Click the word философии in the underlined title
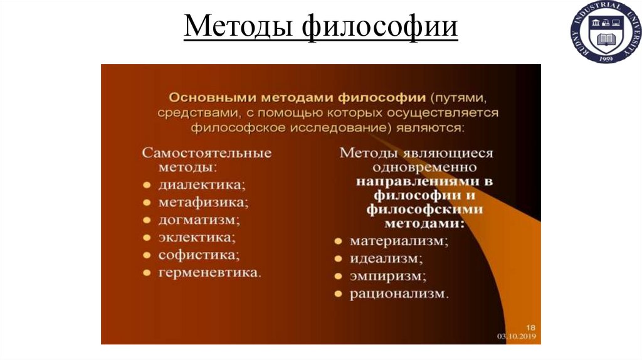coord(380,28)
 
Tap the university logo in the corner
coord(606,33)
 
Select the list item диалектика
coord(201,185)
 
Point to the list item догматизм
coord(199,220)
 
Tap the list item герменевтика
coord(210,273)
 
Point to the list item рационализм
coord(399,293)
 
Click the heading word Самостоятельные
coord(206,152)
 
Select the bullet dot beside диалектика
coord(146,186)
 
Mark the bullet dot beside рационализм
coord(338,294)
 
